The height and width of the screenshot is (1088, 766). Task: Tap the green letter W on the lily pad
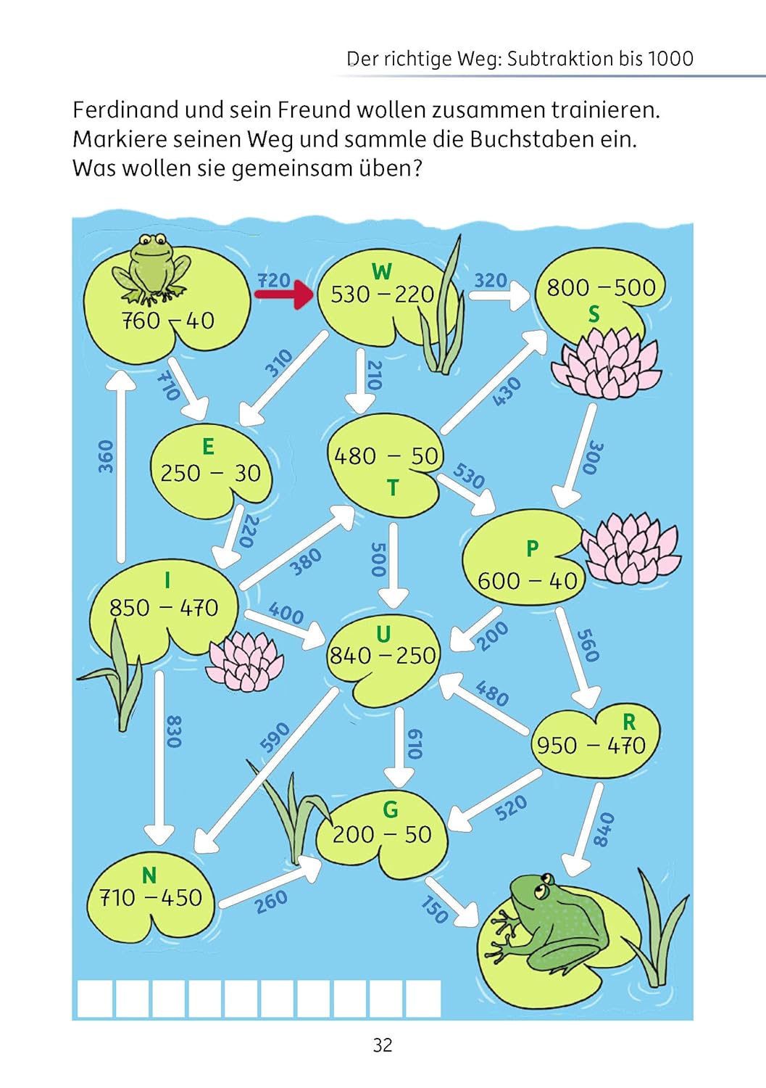click(382, 271)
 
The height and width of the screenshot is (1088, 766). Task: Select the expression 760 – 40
click(168, 321)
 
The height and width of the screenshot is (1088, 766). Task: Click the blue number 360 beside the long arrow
click(105, 456)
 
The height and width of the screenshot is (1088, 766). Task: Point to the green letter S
click(594, 316)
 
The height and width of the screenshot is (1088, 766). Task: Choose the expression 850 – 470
click(164, 608)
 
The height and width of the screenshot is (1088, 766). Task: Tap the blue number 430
click(507, 391)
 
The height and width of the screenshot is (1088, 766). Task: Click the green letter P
click(533, 549)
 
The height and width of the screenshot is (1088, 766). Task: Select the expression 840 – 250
click(383, 656)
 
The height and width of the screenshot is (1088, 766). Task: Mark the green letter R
click(629, 722)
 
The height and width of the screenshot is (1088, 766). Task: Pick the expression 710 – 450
click(151, 898)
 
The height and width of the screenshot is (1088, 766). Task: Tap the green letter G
click(391, 809)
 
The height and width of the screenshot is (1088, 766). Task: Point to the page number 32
click(383, 1044)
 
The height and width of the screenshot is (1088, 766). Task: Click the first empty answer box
click(95, 999)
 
